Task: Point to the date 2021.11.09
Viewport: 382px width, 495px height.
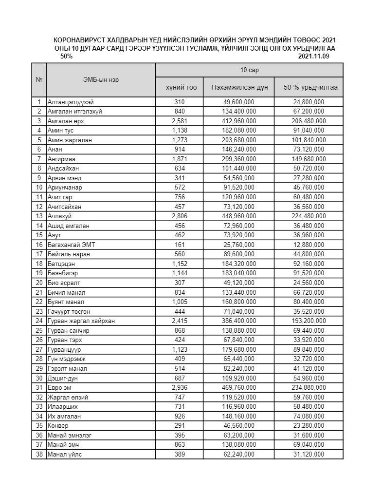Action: coord(314,57)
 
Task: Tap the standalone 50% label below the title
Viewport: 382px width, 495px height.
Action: coord(67,57)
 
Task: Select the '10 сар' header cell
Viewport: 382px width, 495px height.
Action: coord(249,70)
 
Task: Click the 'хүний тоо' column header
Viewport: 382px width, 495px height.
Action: coord(179,87)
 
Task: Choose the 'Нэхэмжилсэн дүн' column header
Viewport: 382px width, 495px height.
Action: coord(239,87)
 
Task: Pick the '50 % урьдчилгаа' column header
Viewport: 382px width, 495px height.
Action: coord(309,87)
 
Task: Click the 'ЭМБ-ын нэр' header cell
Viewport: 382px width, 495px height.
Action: coord(100,80)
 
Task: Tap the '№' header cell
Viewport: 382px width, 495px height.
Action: coord(38,80)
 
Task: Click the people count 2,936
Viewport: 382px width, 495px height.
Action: coord(179,388)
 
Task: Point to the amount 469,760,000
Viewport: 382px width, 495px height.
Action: coord(239,388)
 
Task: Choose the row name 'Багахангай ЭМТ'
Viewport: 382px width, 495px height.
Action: coord(70,245)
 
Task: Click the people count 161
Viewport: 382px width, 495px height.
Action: coord(179,245)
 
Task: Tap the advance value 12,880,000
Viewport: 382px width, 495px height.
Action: coord(309,245)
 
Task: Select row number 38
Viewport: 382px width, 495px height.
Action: coord(38,455)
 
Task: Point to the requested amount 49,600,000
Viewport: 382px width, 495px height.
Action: coord(239,102)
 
